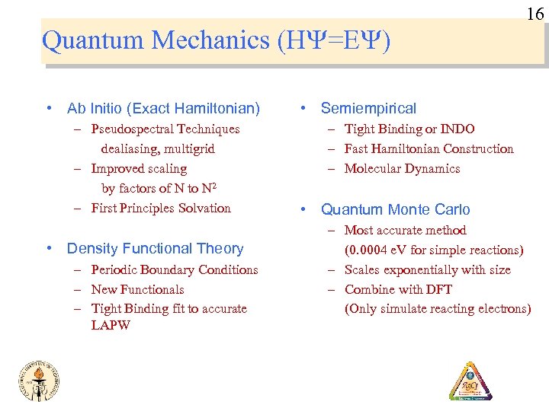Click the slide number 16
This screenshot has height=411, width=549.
535,13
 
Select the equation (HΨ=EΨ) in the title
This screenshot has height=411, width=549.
336,40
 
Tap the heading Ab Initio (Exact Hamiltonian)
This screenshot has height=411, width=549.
163,109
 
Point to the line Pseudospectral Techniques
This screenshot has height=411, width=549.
165,129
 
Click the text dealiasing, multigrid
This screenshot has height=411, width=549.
158,149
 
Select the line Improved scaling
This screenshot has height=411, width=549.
139,169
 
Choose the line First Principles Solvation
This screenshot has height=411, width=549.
160,209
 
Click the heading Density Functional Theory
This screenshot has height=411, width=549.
155,248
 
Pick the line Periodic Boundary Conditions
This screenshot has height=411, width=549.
174,269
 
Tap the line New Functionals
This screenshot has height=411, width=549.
137,289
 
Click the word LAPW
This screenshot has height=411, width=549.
111,326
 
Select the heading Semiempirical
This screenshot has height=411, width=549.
368,109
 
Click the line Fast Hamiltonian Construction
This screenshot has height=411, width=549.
429,149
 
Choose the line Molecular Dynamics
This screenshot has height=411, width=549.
402,169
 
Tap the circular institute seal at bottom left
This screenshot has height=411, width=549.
39,378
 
